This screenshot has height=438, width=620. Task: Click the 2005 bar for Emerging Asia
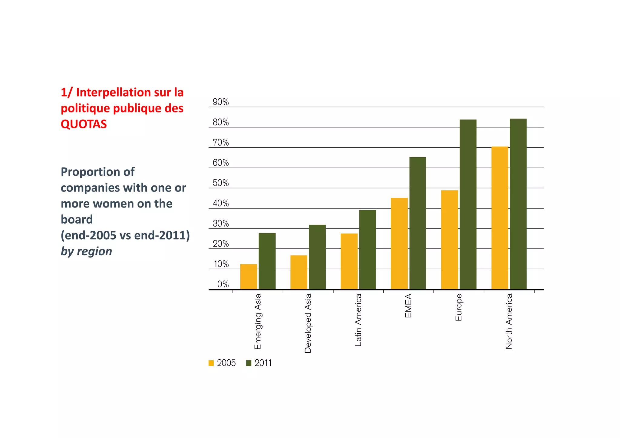point(249,277)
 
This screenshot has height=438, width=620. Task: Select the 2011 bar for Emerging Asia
point(267,261)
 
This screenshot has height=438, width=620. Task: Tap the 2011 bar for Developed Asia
point(317,257)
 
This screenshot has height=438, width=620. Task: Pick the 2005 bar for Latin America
point(349,261)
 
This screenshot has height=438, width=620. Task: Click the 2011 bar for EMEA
point(418,223)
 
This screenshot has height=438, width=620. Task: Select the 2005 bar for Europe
point(450,240)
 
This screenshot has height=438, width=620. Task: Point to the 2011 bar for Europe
point(468,204)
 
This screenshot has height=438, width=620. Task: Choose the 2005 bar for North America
point(500,218)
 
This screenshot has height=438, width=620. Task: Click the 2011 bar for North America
point(518,204)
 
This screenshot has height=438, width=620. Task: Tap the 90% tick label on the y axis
point(221,102)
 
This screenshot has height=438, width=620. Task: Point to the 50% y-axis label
point(221,183)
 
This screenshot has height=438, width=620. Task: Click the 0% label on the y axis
point(223,284)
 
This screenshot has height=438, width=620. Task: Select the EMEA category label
point(408,306)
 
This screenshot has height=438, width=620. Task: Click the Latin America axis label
point(358,320)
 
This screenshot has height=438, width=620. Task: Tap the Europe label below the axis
point(458,307)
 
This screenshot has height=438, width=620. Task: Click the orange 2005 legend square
point(211,363)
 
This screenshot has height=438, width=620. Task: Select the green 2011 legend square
point(249,363)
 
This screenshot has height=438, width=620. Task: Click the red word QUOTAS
point(84,124)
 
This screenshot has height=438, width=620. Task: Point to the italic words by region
point(86,251)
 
